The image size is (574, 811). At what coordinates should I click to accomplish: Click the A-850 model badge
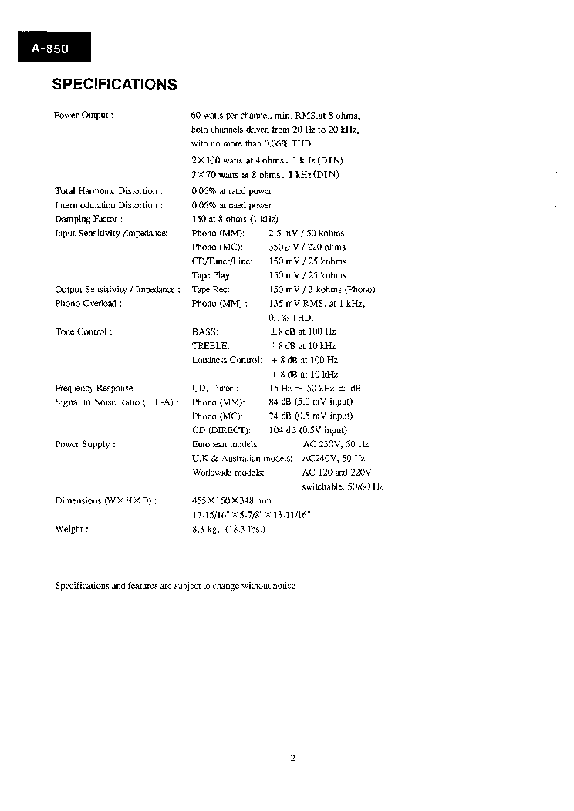[51, 49]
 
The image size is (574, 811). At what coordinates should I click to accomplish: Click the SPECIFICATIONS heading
[114, 85]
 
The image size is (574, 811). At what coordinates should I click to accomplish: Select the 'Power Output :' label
[84, 115]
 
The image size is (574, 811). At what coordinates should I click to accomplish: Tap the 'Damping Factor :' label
[89, 219]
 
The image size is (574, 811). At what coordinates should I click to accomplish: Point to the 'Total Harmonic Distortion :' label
[108, 190]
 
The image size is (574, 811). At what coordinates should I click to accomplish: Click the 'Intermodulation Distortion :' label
[109, 205]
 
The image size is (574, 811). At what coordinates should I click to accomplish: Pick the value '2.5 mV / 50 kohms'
[306, 233]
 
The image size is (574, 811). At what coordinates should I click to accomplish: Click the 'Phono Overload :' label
[88, 303]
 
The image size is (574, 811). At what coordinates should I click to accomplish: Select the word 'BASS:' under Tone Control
[205, 331]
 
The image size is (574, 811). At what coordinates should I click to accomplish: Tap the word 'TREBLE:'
[211, 346]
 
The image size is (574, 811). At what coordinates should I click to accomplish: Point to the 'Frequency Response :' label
[97, 389]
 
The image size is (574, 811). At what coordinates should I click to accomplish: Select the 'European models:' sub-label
[225, 445]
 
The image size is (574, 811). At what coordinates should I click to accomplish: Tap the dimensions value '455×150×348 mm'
[231, 500]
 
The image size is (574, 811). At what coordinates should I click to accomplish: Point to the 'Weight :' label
[72, 529]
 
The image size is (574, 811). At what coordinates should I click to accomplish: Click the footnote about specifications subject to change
[175, 586]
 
